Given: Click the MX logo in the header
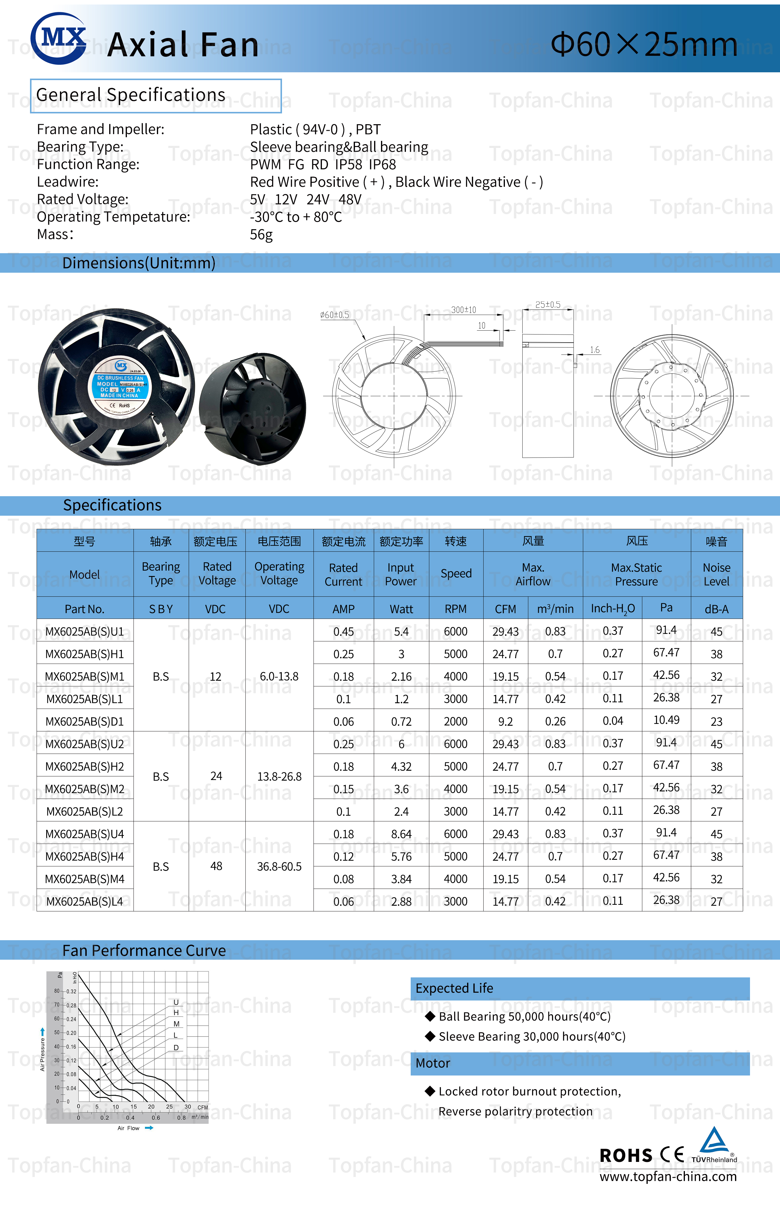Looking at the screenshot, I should pos(58,38).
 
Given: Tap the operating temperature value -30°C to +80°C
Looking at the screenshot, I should pos(296,217).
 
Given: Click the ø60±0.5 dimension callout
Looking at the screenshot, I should pos(334,315).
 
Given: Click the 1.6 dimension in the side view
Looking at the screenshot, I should pos(595,350).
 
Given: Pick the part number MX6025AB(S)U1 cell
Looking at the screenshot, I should pos(85,631).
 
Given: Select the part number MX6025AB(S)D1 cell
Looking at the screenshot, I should pos(85,721).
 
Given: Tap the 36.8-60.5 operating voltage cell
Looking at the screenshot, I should pos(279,867).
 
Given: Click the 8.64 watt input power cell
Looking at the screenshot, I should pos(401,834).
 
